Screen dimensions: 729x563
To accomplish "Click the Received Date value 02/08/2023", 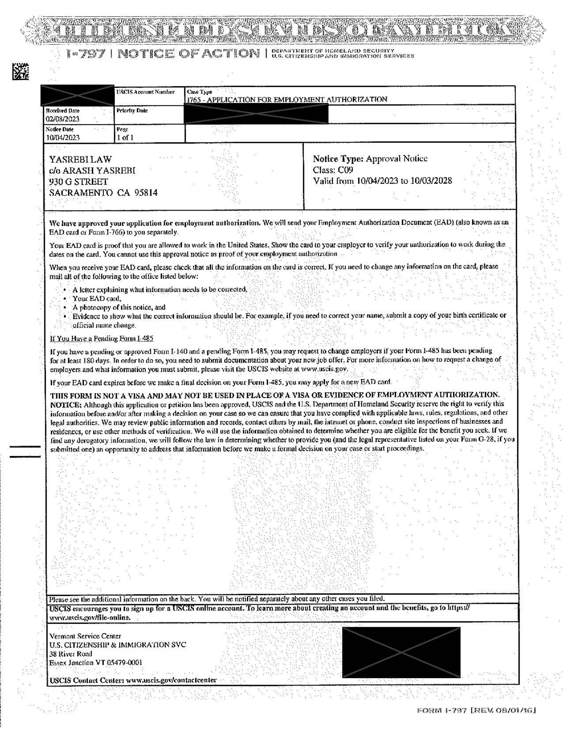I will [x=63, y=119].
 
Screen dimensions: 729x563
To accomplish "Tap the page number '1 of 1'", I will [x=125, y=137].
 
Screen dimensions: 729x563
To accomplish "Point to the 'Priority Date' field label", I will [x=132, y=110].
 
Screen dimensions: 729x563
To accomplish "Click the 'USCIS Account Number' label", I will [x=145, y=92].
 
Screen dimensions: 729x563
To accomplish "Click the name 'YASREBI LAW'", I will [x=81, y=159].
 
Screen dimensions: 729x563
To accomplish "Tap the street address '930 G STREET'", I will [x=79, y=182].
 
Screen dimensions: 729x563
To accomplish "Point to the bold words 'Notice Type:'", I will [x=338, y=159].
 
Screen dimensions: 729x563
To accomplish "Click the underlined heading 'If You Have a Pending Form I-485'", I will [x=101, y=339].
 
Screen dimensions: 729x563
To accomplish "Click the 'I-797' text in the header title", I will [x=86, y=54].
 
